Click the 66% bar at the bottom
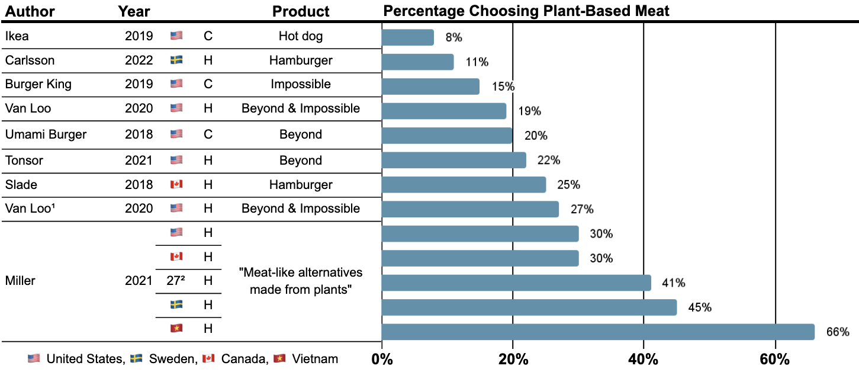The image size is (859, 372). click(598, 332)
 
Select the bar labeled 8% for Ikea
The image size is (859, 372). click(407, 37)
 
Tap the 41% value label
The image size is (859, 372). click(674, 283)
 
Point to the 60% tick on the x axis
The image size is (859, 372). click(775, 360)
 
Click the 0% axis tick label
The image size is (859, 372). click(382, 360)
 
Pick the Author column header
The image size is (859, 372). click(30, 11)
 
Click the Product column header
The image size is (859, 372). click(301, 11)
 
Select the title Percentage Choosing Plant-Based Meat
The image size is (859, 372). click(526, 11)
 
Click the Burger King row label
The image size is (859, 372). click(38, 84)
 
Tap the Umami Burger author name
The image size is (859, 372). click(46, 134)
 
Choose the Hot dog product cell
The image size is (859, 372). click(301, 36)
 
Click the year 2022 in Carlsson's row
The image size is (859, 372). click(139, 60)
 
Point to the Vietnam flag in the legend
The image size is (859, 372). click(280, 358)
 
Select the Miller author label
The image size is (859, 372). click(20, 281)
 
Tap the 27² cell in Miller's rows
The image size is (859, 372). click(176, 281)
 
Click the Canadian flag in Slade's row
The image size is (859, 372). click(176, 184)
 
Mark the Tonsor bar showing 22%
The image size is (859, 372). click(454, 160)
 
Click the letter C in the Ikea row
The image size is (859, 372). click(208, 36)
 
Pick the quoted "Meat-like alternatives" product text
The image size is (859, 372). click(301, 273)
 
